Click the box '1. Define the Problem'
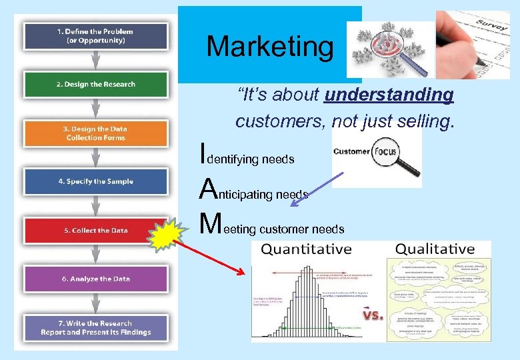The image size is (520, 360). [x=96, y=35]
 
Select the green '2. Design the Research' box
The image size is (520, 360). [x=96, y=85]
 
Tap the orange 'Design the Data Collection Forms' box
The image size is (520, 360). [x=96, y=133]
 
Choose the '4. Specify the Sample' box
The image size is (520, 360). [x=96, y=181]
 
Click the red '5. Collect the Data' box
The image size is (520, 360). [x=96, y=230]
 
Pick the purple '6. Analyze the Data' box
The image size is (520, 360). [x=96, y=279]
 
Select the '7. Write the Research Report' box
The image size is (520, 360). [x=96, y=327]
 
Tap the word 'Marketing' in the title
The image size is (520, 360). [x=269, y=46]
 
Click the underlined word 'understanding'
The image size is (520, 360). [x=389, y=95]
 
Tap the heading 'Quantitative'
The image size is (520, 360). [x=306, y=249]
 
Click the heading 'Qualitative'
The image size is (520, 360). [x=435, y=249]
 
